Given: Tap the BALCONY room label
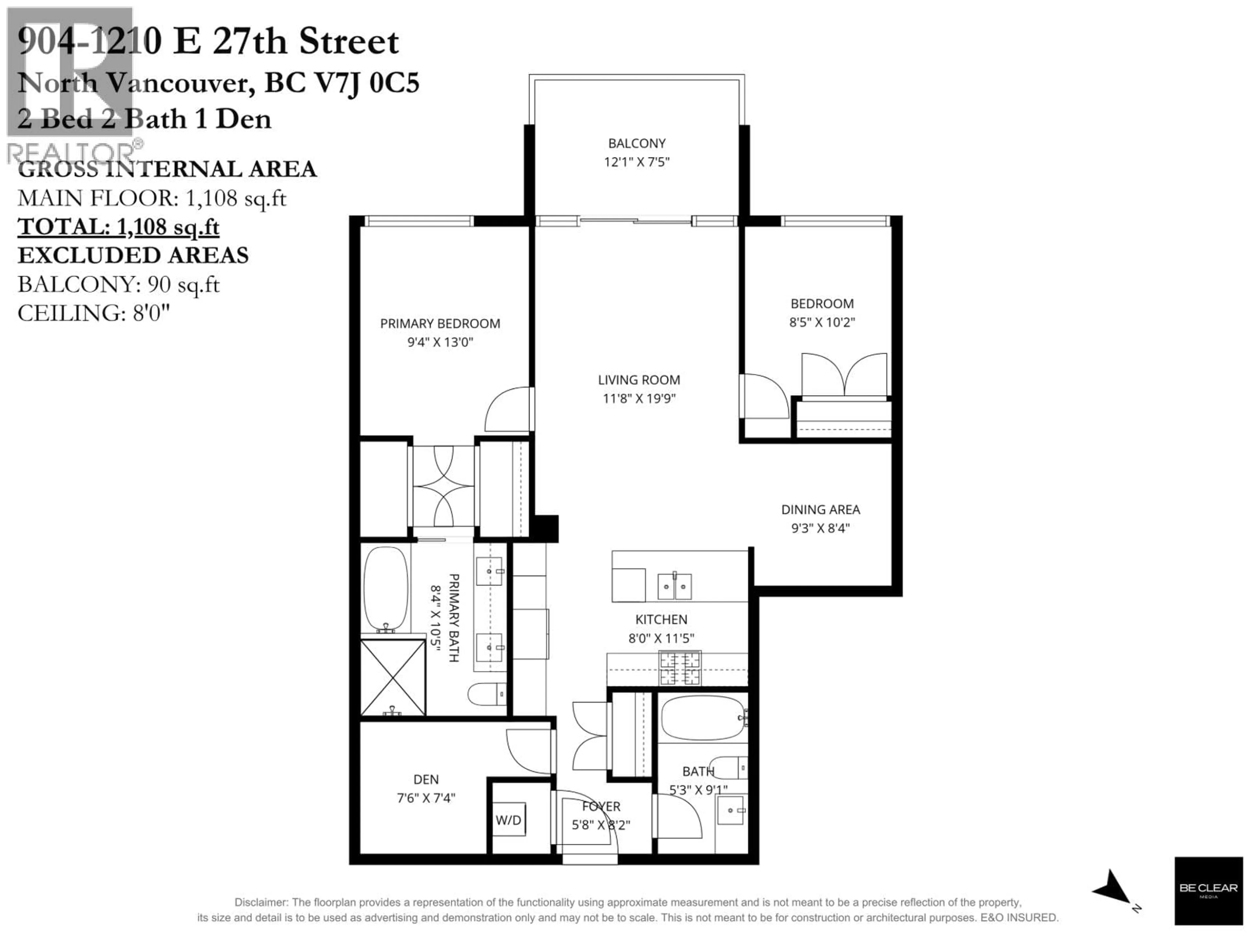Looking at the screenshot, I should click(636, 143).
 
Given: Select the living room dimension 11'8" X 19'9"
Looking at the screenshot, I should click(639, 398).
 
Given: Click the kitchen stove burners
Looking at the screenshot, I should click(679, 669).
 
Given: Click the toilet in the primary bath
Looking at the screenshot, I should click(486, 693).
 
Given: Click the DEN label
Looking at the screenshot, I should click(426, 779).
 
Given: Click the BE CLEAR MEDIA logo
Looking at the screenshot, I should click(1208, 890).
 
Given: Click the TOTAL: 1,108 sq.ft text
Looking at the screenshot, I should click(118, 227).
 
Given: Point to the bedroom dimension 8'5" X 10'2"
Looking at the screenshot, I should click(822, 322).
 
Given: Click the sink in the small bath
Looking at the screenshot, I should click(730, 810).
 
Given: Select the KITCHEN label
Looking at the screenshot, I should click(661, 619).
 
